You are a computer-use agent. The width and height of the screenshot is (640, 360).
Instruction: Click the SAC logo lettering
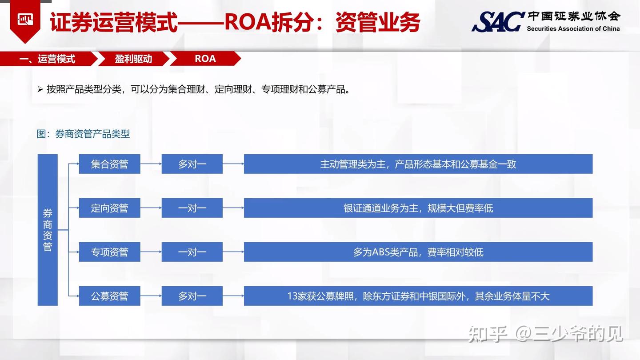click(498, 21)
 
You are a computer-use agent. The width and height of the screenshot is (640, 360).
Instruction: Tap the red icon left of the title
click(25, 20)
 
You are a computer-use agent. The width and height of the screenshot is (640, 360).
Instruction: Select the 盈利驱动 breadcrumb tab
click(133, 59)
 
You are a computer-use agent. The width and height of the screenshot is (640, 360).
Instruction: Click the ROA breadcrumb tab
click(205, 59)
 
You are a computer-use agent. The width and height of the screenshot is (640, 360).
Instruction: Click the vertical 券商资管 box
click(48, 230)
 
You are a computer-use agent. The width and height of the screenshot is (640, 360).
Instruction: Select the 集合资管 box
click(109, 164)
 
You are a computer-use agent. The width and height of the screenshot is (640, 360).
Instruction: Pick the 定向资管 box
click(109, 208)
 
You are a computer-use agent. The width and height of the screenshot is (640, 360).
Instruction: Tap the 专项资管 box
click(109, 252)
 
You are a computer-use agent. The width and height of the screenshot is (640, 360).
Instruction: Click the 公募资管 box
click(109, 296)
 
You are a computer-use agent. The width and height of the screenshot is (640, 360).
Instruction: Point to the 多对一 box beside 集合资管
click(192, 164)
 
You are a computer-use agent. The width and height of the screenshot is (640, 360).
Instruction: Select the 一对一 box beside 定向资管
click(192, 208)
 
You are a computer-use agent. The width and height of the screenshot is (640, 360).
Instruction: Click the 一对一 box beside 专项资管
click(192, 252)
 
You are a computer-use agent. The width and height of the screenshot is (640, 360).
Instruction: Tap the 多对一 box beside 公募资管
click(192, 296)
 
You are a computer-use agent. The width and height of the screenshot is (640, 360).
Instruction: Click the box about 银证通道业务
click(418, 208)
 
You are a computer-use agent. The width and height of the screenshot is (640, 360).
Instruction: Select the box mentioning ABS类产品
click(418, 252)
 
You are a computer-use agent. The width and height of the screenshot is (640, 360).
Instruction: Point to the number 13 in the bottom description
click(292, 296)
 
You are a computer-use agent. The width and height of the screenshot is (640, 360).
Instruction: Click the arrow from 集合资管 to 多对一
click(151, 164)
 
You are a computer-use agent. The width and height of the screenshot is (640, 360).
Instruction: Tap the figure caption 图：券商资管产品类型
click(84, 134)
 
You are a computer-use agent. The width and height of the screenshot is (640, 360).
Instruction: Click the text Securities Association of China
click(573, 29)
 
